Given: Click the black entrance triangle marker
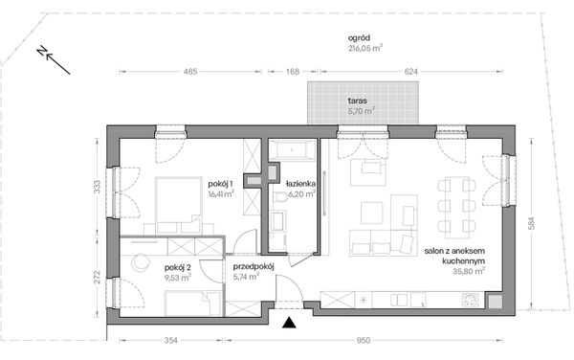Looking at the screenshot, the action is pos(289,323).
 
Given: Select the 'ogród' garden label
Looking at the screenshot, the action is pos(359,37).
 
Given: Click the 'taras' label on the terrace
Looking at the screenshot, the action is pos(358,101).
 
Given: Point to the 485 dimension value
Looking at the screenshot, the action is pos(190,72).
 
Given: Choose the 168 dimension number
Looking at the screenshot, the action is pos(293,72).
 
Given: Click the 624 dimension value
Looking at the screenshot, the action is pos(410,72).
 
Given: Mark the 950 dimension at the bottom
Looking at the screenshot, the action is pos(364,341).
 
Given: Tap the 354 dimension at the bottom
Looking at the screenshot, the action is pos(171,341).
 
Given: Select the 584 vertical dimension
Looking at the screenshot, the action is pos(532,224).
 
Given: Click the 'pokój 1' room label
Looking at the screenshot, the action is pos(220,184).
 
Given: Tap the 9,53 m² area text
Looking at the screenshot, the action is pos(178,278).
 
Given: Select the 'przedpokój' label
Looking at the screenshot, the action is pos(254,266).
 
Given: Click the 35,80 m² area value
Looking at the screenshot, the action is pos(469,271).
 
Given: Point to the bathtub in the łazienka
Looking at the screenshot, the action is pos(292,149).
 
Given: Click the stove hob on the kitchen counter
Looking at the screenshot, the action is pos(471,300).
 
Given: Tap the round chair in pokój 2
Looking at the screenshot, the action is pos(141,262).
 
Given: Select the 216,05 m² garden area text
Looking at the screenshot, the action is pos(365,48).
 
